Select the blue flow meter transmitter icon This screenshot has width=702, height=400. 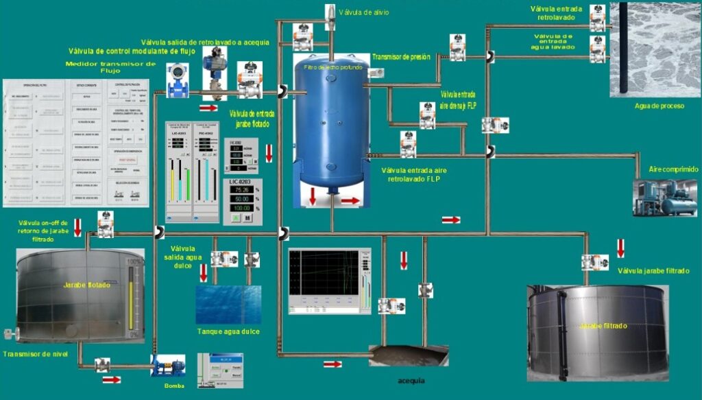(178, 80)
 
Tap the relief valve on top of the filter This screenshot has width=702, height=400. (330, 14)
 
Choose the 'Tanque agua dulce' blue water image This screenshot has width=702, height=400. (228, 305)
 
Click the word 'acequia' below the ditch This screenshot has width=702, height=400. (412, 380)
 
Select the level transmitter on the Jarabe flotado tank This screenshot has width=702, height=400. (8, 333)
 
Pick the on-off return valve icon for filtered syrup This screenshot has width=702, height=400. (105, 224)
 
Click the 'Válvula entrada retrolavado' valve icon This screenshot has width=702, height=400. (598, 19)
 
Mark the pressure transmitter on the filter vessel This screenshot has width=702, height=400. (376, 72)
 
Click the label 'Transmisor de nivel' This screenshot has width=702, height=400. (34, 354)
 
